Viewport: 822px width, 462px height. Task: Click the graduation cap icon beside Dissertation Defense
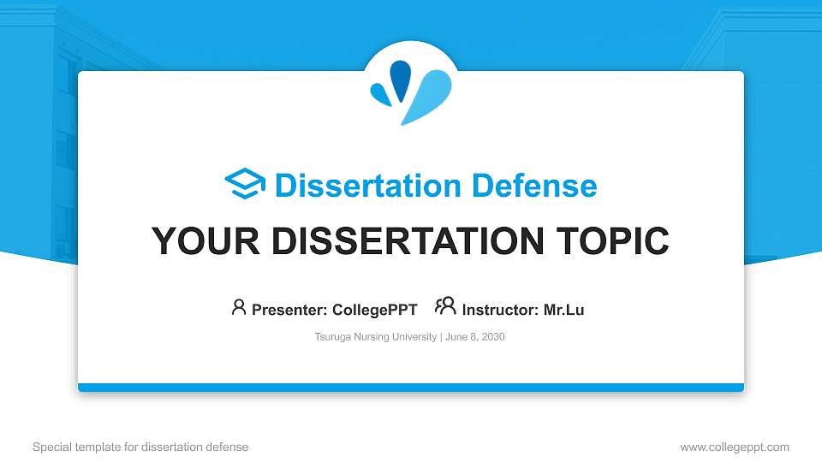pos(245,183)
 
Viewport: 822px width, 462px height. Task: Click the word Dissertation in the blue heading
pos(368,186)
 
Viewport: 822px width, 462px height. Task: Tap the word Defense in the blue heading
pos(534,186)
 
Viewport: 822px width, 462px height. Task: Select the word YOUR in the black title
pos(205,241)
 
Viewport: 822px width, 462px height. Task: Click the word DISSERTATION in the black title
pos(408,241)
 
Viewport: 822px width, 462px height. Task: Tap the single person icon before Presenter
pos(239,307)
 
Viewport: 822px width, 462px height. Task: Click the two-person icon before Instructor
pos(445,306)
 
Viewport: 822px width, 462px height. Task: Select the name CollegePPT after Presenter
pos(375,310)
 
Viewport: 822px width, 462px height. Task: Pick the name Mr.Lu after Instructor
pos(563,310)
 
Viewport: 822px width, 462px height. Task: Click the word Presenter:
pos(289,310)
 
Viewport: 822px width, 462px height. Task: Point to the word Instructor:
pos(500,310)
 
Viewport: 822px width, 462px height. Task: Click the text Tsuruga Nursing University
pos(375,337)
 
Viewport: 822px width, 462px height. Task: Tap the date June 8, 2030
pos(475,337)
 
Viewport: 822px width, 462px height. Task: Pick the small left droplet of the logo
pos(380,94)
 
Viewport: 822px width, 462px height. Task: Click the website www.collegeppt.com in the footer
pos(735,447)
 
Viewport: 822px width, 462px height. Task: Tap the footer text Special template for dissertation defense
pos(140,447)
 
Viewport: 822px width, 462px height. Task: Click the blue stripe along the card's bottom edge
pos(411,388)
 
